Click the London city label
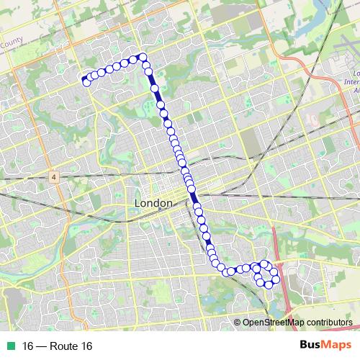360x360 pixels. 153,204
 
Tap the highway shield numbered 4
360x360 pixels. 53,176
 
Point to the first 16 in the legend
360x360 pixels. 28,346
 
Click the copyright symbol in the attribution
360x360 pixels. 237,323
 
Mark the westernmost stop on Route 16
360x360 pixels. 85,79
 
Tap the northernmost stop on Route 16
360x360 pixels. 143,57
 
